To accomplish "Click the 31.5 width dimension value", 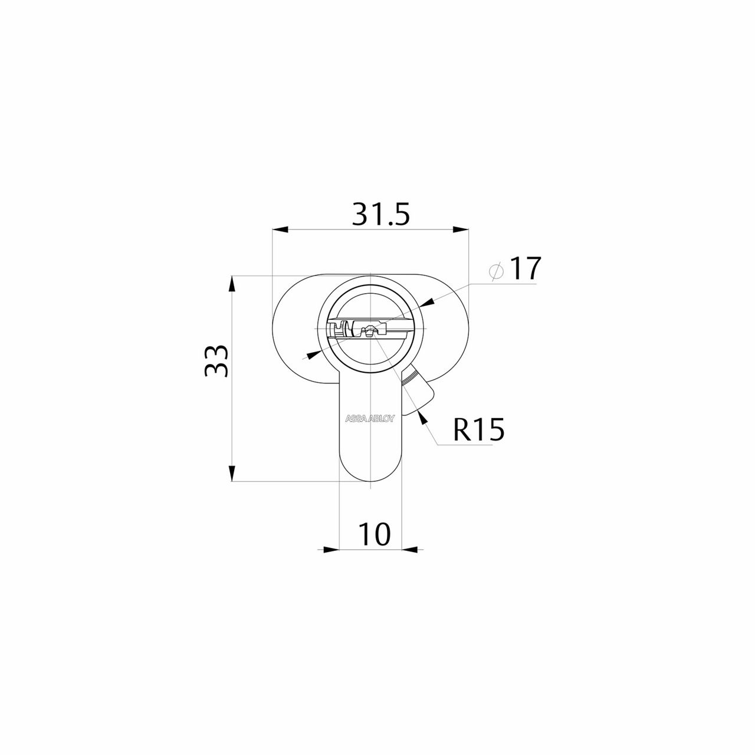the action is point(380,214).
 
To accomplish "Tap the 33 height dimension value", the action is point(216,361).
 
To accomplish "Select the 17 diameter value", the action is point(526,268).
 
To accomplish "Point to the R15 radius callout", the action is point(478,429).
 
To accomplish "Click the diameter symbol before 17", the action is point(496,271).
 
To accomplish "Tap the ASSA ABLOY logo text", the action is point(370,418).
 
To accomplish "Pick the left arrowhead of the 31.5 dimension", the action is point(280,229).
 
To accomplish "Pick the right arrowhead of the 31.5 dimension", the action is point(461,229).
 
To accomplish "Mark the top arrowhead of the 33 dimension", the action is point(233,284).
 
